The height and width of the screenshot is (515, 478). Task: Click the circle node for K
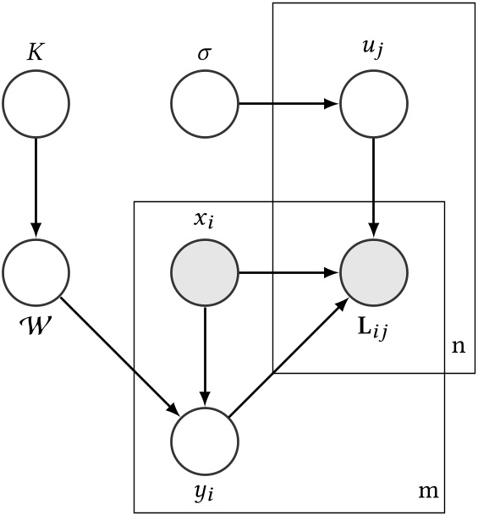(x=36, y=105)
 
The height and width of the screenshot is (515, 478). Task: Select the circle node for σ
(x=205, y=105)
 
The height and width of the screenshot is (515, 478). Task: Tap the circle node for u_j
(x=374, y=105)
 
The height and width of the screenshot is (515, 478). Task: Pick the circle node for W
(x=36, y=273)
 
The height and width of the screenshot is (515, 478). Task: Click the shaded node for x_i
(x=205, y=273)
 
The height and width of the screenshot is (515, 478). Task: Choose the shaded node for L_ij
(x=374, y=273)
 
